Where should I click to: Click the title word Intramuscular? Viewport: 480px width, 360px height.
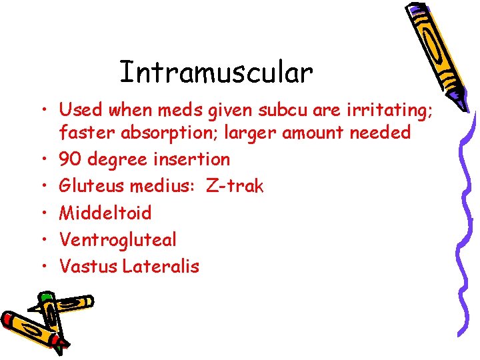click(x=216, y=73)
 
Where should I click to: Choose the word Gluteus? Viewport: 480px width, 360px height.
click(x=92, y=186)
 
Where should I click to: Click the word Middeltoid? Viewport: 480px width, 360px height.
click(x=105, y=213)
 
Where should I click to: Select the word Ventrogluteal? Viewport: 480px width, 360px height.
click(x=118, y=239)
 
